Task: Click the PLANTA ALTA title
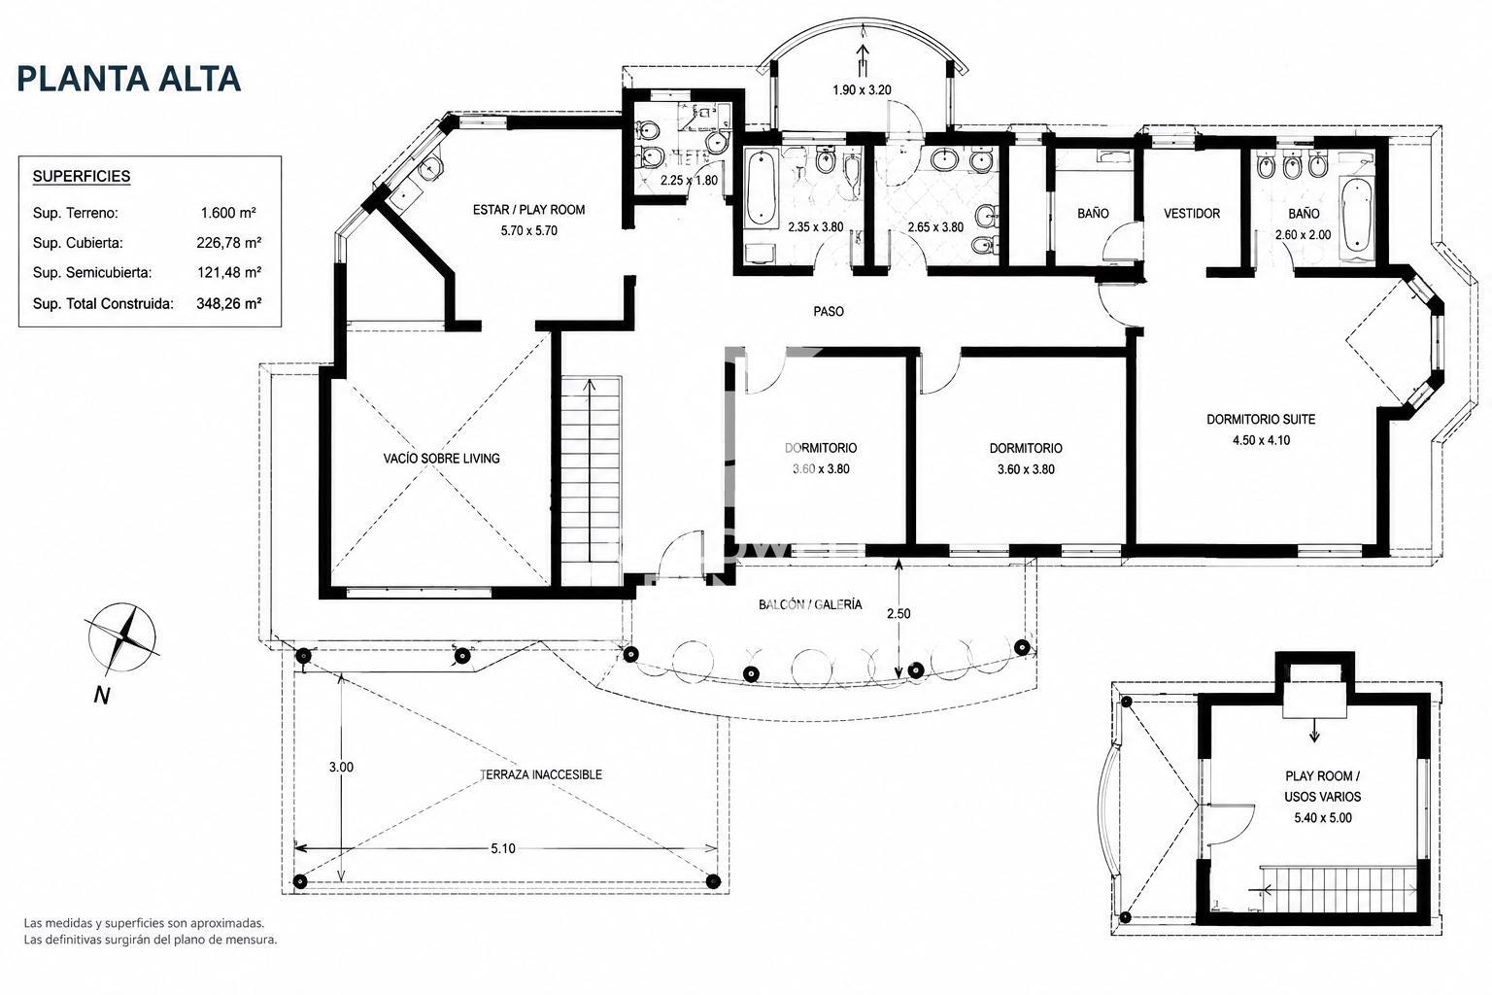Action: coord(128,79)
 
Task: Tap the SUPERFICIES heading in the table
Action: coord(82,177)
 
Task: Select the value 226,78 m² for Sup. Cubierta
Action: coord(228,243)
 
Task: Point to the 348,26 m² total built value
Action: coord(228,304)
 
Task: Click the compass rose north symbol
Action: coord(121,637)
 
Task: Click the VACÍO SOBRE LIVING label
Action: coord(441,459)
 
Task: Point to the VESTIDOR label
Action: coord(1192,213)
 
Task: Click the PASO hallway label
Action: coord(829,311)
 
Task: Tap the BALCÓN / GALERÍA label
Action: coord(810,604)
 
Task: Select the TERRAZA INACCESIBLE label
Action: coord(541,774)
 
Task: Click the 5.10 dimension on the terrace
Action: coord(503,848)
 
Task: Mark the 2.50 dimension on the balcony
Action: coord(899,613)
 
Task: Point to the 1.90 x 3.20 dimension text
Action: coord(862,90)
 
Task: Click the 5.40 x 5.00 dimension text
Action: coord(1323,818)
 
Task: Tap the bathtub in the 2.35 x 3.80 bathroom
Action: coord(761,189)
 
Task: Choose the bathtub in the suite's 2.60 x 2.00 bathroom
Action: coord(1355,213)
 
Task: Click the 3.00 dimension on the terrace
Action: coord(341,767)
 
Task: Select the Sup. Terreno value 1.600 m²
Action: coord(228,213)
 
